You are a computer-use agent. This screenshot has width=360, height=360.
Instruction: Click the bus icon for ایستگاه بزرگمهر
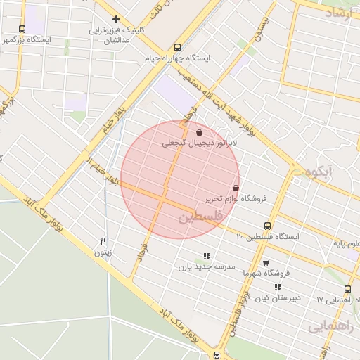point(22,30)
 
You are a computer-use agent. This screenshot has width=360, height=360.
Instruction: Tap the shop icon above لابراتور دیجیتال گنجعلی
point(200,131)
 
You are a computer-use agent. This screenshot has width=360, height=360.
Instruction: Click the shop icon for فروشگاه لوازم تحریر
point(235,188)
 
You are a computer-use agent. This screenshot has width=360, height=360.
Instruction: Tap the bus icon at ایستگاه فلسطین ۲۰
point(267,226)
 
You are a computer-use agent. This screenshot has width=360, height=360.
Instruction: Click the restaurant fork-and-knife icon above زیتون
point(103,240)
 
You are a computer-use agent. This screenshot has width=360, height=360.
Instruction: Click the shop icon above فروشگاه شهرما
point(265,263)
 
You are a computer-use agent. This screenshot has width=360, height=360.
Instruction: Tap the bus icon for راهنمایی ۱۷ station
point(347,289)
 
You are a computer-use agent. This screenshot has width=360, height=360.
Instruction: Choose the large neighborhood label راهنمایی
point(328,326)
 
